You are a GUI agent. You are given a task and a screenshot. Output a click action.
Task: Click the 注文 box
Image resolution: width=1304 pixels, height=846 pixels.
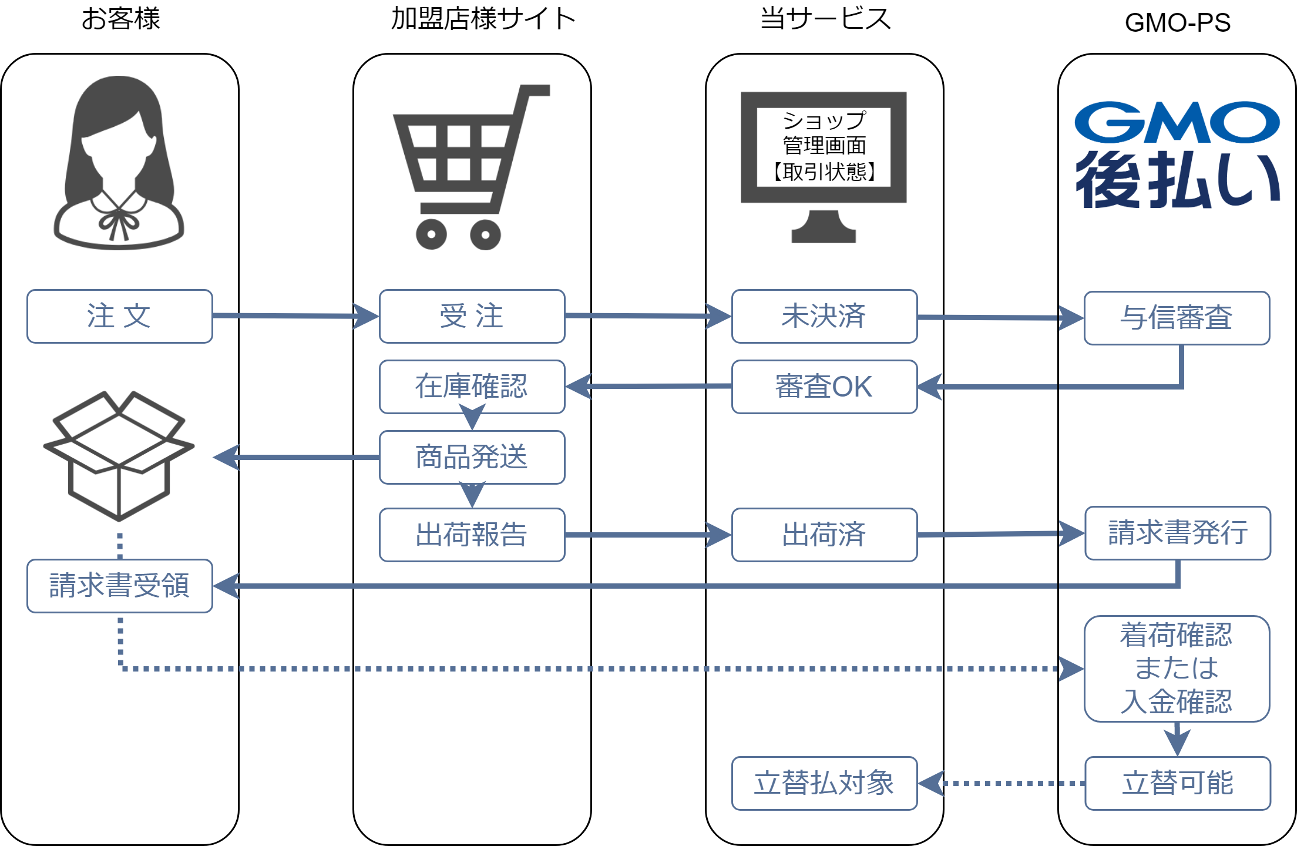119,316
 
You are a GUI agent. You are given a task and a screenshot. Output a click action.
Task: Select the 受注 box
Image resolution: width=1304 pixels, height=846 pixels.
472,316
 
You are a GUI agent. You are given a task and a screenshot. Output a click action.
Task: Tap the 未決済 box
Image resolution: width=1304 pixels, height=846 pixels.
824,316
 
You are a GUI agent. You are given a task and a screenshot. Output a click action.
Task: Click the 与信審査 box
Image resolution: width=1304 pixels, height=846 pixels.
1177,318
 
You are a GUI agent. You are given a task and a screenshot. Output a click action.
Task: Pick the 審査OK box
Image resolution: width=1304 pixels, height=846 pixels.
824,387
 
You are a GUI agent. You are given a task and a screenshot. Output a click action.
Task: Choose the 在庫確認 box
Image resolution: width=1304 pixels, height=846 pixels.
472,387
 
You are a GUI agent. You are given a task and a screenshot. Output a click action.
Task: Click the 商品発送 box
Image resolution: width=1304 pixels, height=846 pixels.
472,457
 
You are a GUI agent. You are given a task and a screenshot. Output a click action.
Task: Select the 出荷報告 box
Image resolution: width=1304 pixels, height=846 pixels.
472,535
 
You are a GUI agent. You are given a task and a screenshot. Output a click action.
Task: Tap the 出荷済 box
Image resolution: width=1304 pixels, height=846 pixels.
824,535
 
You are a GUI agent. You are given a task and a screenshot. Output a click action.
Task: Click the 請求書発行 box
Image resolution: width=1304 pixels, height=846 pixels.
1178,533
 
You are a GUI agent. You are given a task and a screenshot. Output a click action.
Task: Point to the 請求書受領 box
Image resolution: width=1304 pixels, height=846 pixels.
119,586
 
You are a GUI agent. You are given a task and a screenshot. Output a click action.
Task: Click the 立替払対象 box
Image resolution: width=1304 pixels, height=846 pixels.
824,783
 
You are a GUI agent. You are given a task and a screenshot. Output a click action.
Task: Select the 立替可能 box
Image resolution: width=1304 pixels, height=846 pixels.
1178,783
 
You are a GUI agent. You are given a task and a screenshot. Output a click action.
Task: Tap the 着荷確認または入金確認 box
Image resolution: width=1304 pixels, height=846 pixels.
1177,669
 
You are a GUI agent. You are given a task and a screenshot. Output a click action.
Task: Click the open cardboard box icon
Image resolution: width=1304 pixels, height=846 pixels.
119,455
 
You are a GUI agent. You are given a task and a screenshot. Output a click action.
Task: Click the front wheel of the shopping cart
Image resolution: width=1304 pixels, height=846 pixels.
485,235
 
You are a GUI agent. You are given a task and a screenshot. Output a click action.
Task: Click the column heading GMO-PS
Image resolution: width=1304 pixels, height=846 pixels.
1177,22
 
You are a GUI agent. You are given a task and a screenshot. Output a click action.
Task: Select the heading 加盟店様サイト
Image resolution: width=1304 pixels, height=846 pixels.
483,19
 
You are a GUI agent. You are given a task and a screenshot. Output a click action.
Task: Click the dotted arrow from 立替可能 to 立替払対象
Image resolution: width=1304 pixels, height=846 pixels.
1010,783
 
